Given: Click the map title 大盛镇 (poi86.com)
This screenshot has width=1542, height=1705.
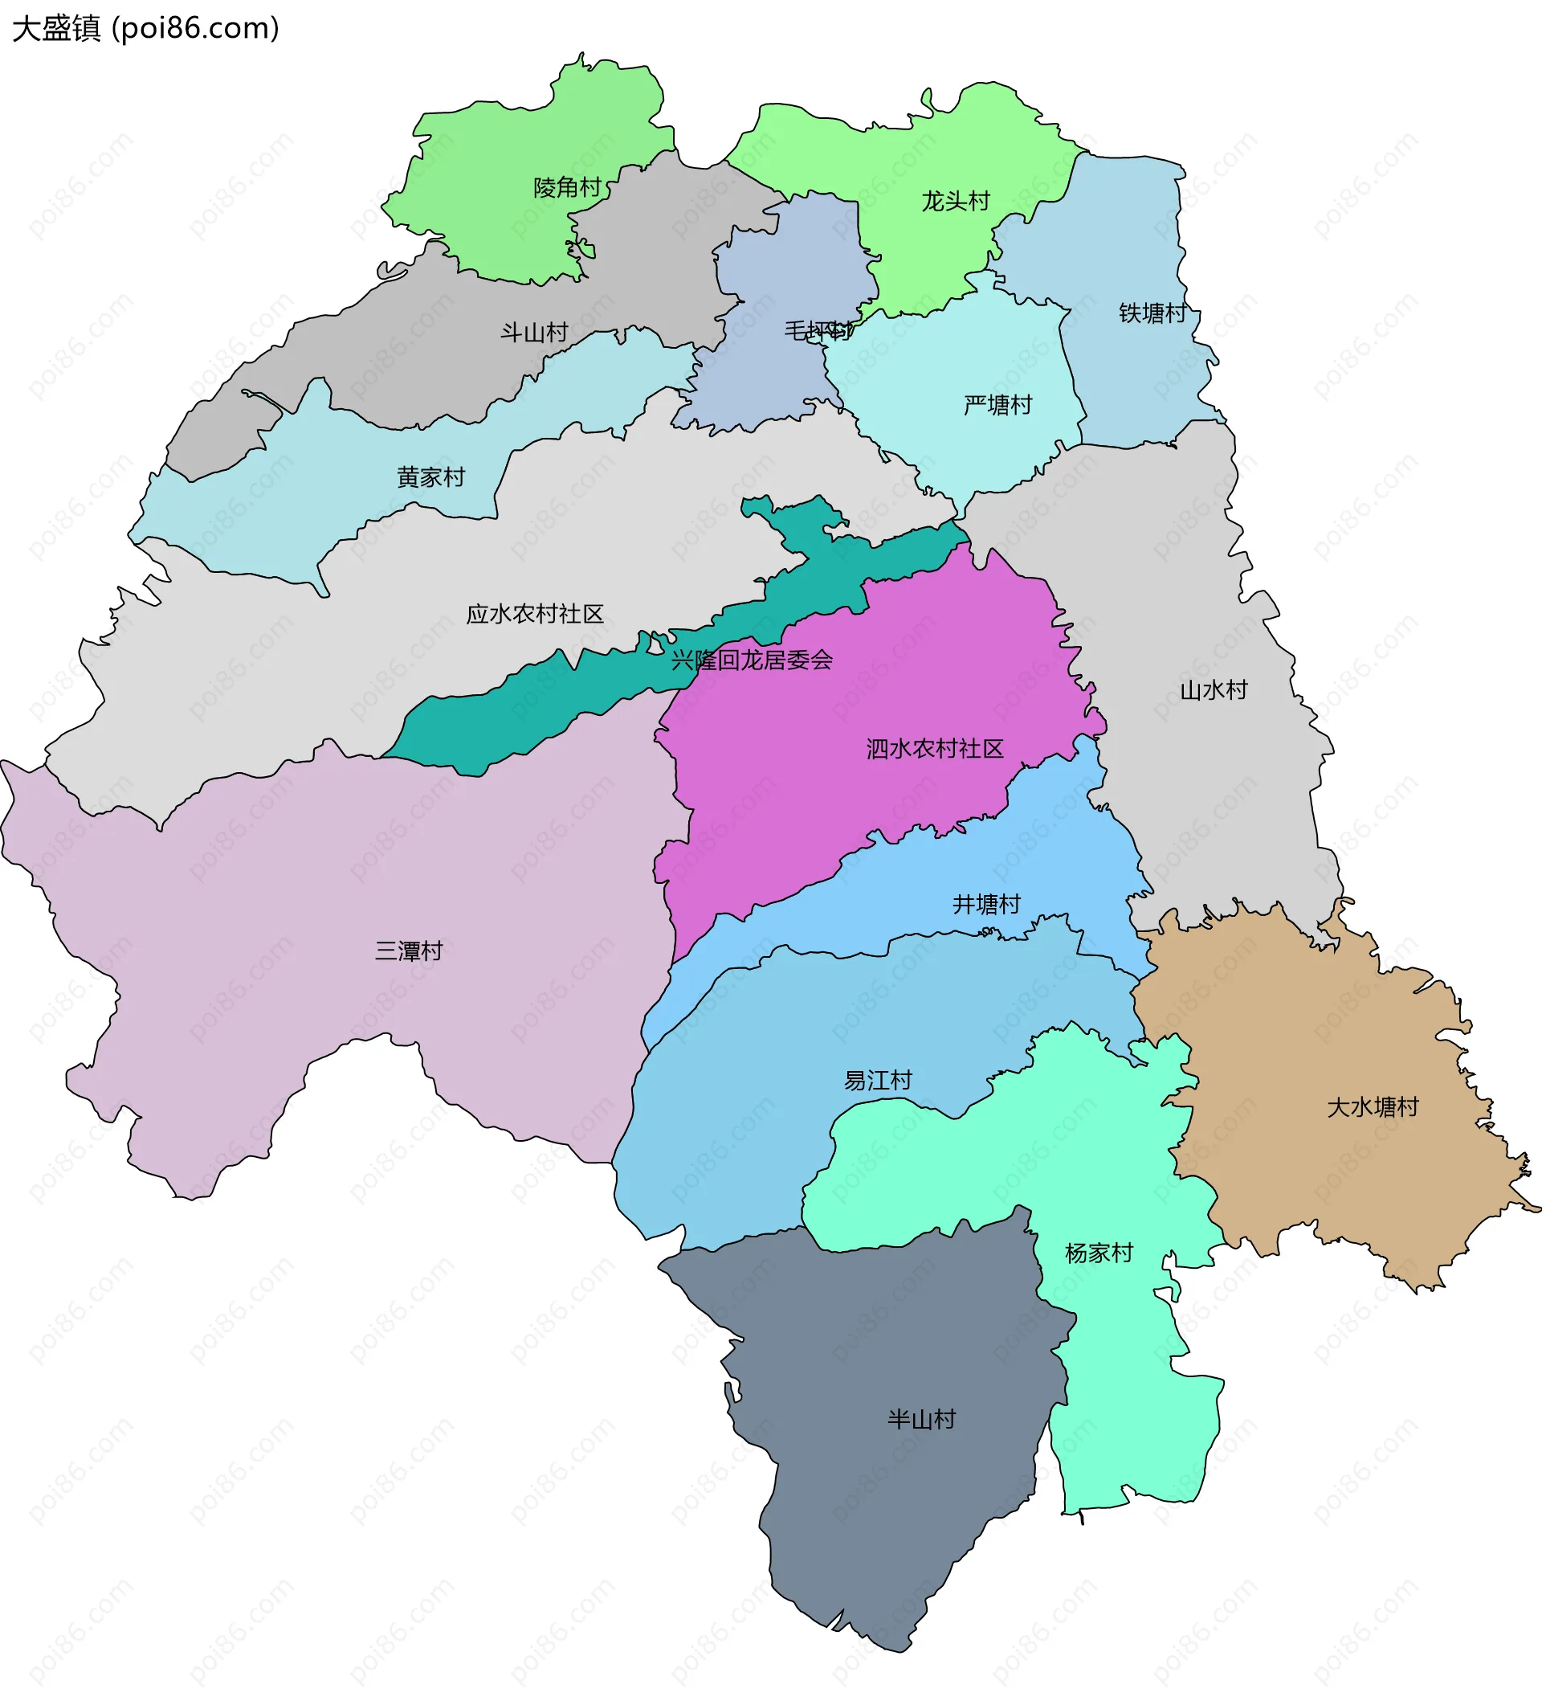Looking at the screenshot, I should click(145, 29).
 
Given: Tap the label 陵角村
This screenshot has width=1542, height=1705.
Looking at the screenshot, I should click(566, 188).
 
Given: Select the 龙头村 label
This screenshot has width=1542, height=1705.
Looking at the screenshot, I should click(955, 202).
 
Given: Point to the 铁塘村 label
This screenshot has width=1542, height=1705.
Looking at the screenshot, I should click(1152, 314).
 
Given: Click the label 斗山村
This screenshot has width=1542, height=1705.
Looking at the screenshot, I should click(533, 333).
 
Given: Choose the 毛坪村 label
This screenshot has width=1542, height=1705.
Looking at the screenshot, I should click(818, 331).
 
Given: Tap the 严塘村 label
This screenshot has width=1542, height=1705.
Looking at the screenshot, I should click(997, 406).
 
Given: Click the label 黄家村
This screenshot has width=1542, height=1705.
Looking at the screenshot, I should click(431, 478).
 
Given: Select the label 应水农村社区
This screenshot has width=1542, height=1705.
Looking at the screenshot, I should click(535, 614).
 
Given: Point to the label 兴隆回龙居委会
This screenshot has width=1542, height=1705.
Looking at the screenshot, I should click(752, 660).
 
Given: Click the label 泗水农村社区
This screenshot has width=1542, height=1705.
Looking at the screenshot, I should click(935, 750).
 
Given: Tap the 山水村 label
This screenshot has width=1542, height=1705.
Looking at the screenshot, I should click(1214, 691).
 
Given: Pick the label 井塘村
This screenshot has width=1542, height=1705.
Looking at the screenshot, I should click(986, 905).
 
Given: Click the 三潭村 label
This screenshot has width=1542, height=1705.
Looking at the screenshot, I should click(408, 951).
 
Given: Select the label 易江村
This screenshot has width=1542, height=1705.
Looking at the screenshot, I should click(879, 1081).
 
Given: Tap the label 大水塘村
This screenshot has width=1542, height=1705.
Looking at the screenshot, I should click(1372, 1108).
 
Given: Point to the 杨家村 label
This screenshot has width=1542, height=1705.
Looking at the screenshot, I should click(1099, 1253).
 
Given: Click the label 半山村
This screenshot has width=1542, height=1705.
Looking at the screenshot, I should click(921, 1420).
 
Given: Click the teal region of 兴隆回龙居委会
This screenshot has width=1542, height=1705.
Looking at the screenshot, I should click(508, 719).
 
